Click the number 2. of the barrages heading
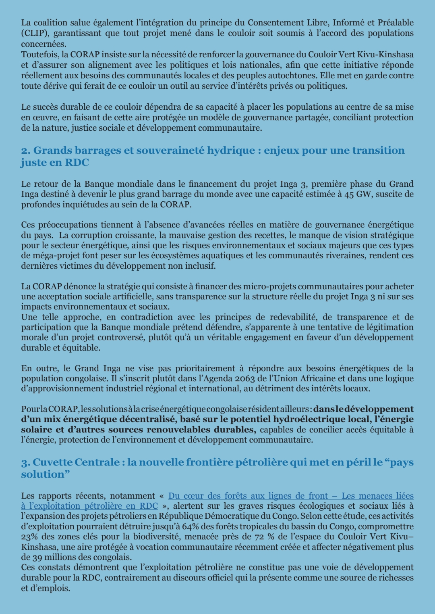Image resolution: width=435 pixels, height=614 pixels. coord(26,150)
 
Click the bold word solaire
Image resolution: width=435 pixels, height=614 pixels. coord(37,430)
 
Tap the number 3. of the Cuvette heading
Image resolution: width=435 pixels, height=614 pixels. coord(25,462)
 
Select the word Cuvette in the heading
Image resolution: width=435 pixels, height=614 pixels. coord(53,462)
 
